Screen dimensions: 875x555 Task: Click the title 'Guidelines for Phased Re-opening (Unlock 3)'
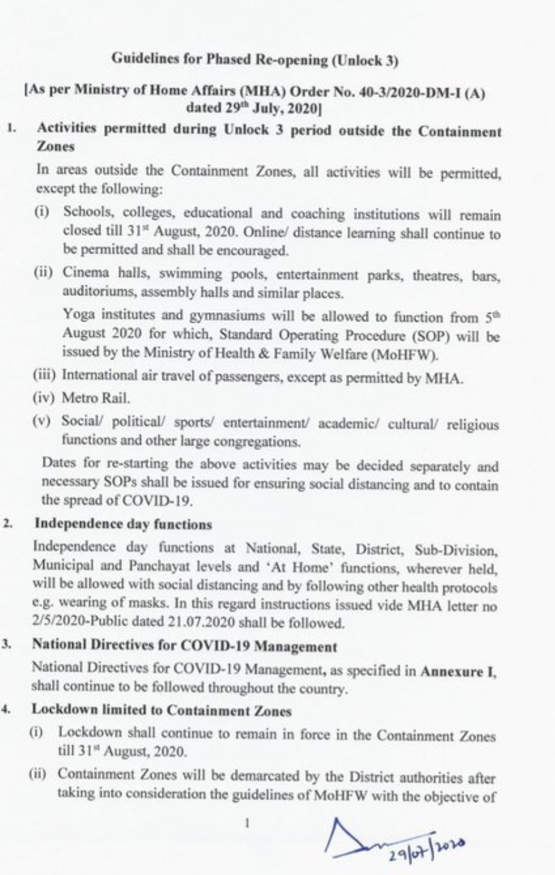pos(255,59)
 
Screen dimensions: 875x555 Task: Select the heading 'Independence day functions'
pos(123,524)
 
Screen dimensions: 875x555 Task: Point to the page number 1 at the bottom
pos(247,823)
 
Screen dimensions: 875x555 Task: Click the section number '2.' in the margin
pos(7,525)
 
